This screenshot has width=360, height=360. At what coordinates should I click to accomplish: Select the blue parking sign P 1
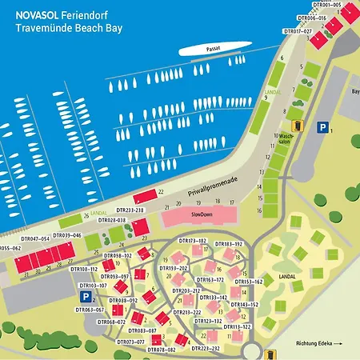(x=322, y=126)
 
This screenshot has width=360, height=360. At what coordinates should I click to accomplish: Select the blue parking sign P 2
(x=84, y=296)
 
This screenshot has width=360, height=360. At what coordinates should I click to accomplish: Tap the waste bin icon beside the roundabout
(x=270, y=353)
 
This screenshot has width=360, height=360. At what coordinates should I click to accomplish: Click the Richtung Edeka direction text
(x=318, y=345)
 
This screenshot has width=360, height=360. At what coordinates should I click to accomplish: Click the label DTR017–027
(x=297, y=31)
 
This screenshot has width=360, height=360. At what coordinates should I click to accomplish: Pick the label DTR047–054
(x=35, y=238)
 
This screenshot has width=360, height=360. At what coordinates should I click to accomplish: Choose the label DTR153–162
(x=248, y=282)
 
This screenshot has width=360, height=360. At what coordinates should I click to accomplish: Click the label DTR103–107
(x=93, y=285)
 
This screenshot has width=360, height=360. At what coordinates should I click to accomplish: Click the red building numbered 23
(x=141, y=229)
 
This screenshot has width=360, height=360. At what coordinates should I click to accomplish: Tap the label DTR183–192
(x=228, y=242)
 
